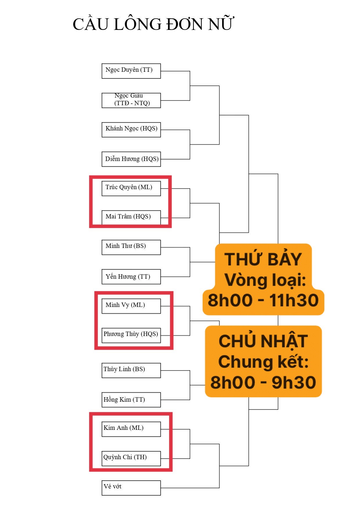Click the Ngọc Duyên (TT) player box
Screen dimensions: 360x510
click(x=131, y=71)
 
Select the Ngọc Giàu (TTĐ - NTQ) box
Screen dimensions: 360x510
click(x=131, y=100)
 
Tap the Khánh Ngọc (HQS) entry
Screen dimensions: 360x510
click(x=131, y=130)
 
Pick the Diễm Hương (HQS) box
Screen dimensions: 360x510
click(x=131, y=159)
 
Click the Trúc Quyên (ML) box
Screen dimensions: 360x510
click(x=131, y=188)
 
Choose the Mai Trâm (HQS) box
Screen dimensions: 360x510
click(x=131, y=218)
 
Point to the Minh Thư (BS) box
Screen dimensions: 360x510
click(x=131, y=247)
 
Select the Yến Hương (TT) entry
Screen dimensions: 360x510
click(x=131, y=276)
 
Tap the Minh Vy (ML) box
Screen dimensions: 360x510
click(x=131, y=306)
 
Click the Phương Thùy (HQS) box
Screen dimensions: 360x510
click(x=131, y=335)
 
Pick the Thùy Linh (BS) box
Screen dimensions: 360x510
click(x=131, y=370)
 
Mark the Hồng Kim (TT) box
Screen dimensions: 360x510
click(x=131, y=400)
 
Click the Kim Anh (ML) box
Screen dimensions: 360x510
click(x=131, y=429)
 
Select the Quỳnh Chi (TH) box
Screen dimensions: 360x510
click(x=131, y=458)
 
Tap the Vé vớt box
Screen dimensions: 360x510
click(x=131, y=488)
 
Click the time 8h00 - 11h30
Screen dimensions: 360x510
click(x=263, y=300)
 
